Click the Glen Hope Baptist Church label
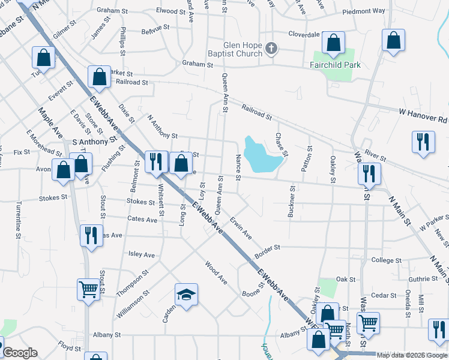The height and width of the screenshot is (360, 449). coord(235,49)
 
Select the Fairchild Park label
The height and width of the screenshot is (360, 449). coord(335,65)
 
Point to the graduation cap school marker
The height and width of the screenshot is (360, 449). coord(186,295)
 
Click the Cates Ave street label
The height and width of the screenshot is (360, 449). coord(142,220)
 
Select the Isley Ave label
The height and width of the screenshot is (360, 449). coord(142,254)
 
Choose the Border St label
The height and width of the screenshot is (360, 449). coord(268,247)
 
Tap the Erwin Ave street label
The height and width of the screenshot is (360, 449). coord(241,228)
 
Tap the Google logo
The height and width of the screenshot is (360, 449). coord(20,353)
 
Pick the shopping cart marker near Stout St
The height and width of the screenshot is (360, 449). coord(88,290)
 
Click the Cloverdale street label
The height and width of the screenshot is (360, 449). coord(304,34)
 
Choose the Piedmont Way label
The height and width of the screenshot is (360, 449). coord(364,11)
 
